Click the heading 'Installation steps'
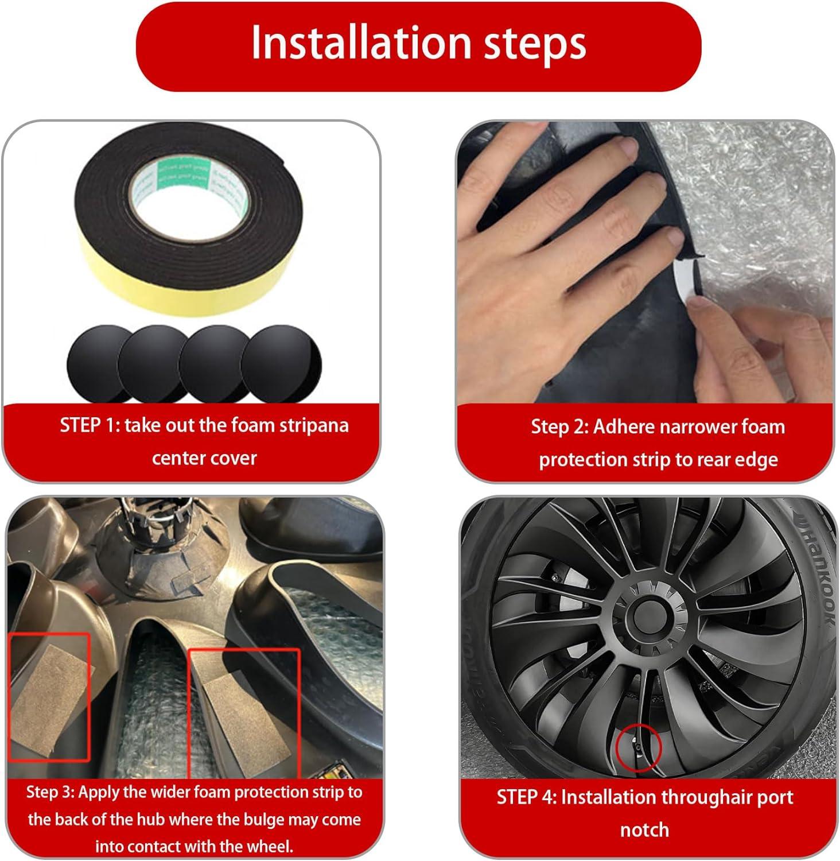tap(419, 42)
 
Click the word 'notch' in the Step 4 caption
tap(644, 830)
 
